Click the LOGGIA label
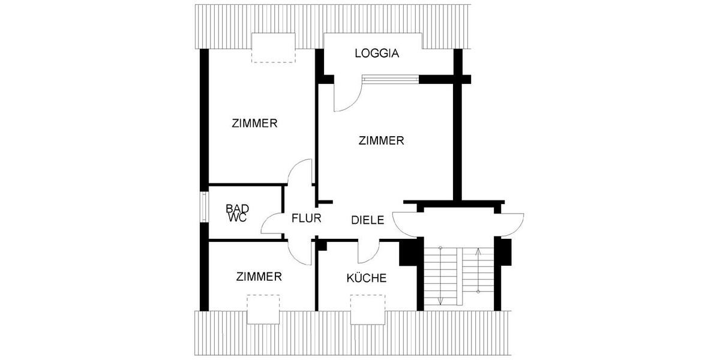tap(377, 53)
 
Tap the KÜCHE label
tap(366, 278)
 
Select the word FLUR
tap(307, 218)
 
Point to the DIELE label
tap(367, 220)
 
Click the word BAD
tap(237, 209)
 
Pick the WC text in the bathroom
tap(237, 218)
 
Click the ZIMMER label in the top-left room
tap(254, 124)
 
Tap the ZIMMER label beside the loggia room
tap(381, 141)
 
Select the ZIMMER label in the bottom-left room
tap(259, 277)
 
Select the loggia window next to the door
tap(390, 79)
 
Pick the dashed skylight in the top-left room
tap(274, 47)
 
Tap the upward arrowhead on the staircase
tap(478, 251)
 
